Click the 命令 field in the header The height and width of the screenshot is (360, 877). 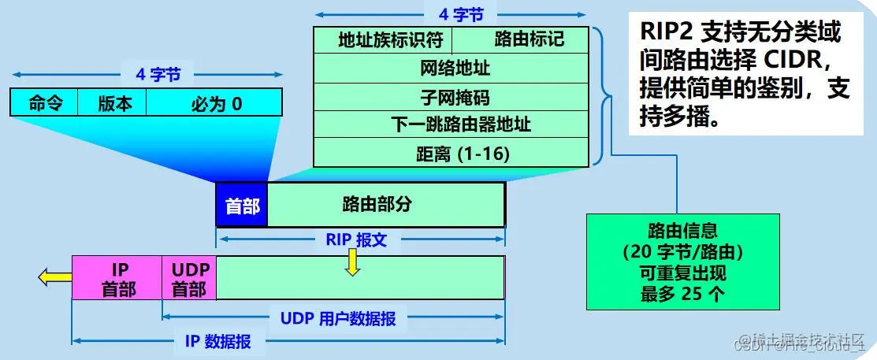[x=45, y=103]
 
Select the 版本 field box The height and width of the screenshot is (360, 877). [x=115, y=103]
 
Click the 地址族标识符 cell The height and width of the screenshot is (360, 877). [x=382, y=39]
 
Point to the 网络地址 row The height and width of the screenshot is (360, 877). [x=451, y=68]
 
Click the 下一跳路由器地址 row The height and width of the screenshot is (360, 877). [x=451, y=124]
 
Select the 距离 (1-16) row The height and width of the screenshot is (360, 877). [x=451, y=153]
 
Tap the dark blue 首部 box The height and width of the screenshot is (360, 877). [x=242, y=205]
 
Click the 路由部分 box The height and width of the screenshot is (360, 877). [x=386, y=205]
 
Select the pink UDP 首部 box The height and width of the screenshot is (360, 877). [x=189, y=278]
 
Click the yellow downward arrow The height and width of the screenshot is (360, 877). [x=352, y=266]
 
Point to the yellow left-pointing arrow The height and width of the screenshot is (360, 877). [x=53, y=276]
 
